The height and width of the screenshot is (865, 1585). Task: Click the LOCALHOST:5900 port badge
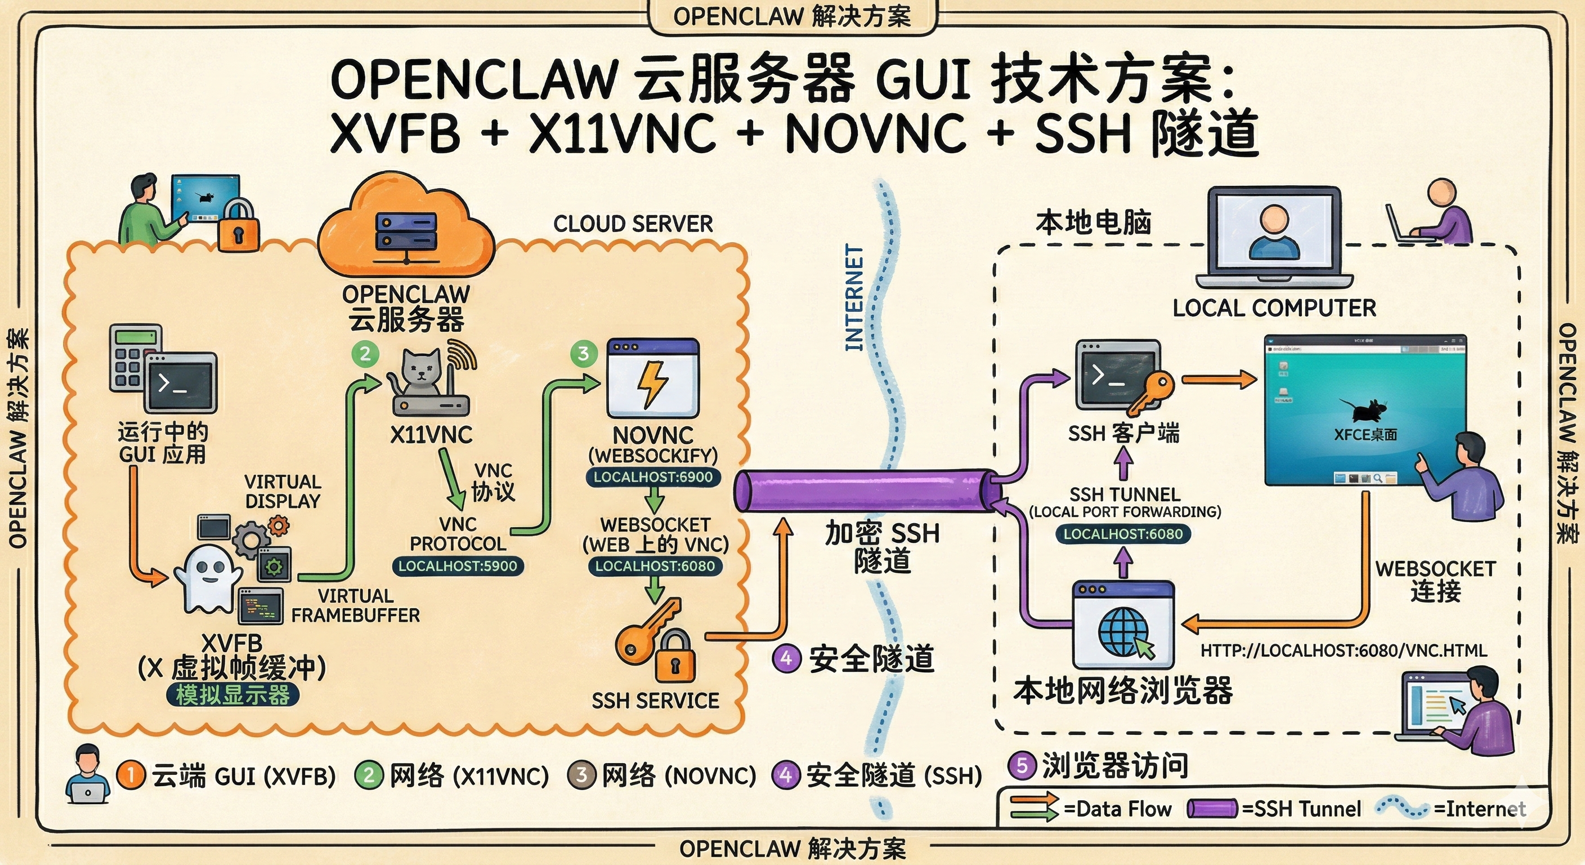[x=457, y=566]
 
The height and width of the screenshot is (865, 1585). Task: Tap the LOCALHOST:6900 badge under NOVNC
[x=653, y=476]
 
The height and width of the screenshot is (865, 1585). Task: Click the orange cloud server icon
[x=406, y=228]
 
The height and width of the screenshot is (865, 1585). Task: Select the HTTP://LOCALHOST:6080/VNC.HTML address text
[x=1343, y=650]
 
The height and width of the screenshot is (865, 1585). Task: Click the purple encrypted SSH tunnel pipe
[x=861, y=491]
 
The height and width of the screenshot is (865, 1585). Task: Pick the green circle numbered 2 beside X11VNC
[x=365, y=354]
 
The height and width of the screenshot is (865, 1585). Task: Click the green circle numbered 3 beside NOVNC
[x=583, y=353]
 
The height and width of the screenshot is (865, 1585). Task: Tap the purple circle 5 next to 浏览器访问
[x=1022, y=765]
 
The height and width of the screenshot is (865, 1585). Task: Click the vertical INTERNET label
[x=854, y=298]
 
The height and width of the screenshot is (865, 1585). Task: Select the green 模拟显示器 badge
[x=232, y=694]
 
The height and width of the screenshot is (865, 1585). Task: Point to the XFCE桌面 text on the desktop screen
[x=1365, y=434]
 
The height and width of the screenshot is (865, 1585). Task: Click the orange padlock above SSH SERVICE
[x=674, y=658]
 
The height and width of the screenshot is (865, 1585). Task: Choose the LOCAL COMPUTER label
[x=1274, y=308]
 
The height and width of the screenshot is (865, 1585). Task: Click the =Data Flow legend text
[x=1117, y=808]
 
